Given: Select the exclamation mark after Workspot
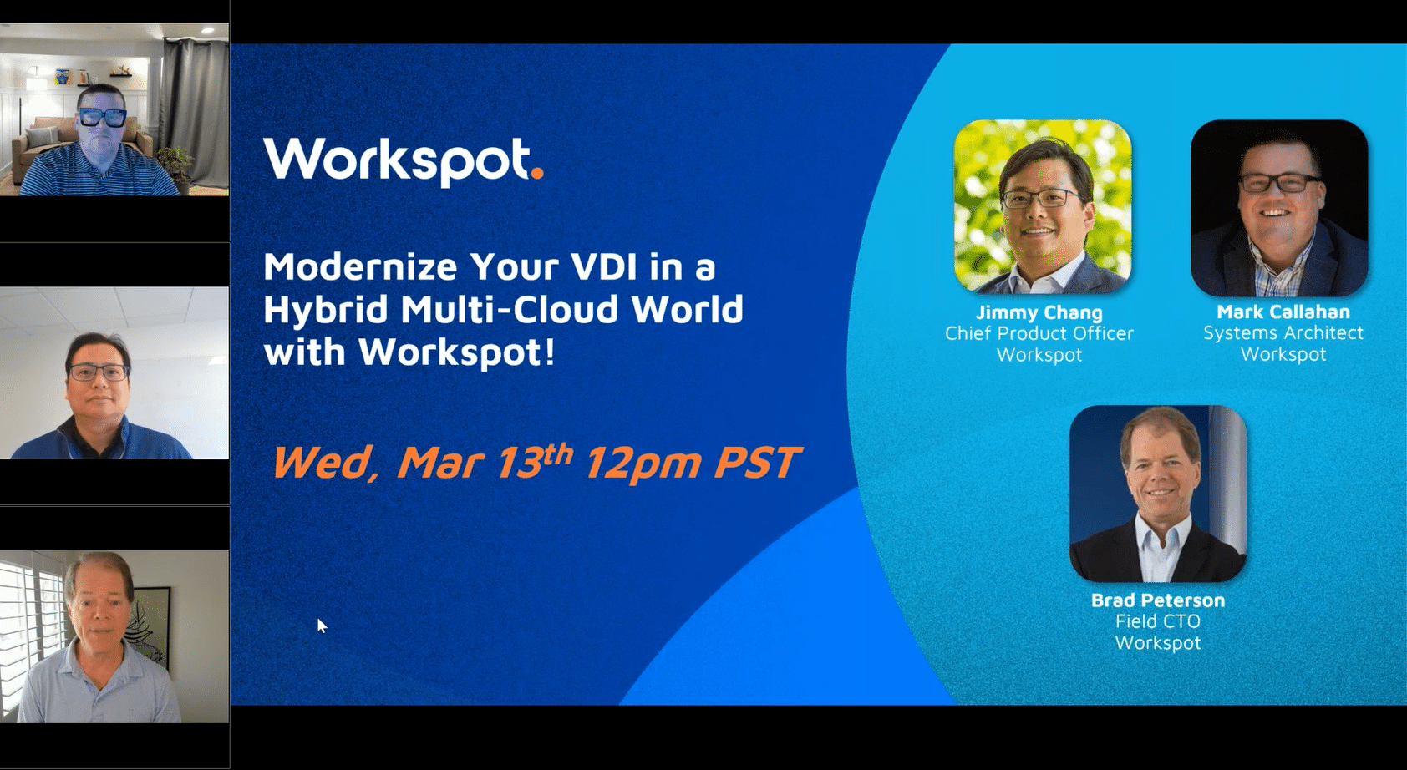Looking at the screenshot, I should (549, 352).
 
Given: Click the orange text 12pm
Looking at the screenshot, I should (642, 464).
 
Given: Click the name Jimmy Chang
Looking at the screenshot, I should (1039, 312).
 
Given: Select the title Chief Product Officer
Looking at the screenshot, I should (1039, 333).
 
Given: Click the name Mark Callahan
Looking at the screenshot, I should (1283, 312).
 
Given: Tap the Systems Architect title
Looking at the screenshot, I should (1283, 332).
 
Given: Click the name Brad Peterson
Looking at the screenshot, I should (1158, 600).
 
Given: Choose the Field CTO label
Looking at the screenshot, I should (1158, 621).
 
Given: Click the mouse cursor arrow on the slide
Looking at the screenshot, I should (322, 626).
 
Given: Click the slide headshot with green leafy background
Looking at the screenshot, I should (1043, 206).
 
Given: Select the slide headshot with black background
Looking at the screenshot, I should (1279, 208).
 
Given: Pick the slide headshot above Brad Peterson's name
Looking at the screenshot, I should (1158, 494).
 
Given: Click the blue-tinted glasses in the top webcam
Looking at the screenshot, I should (102, 118).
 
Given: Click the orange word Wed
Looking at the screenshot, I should (322, 464).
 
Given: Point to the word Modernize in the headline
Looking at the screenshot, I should (360, 267).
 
